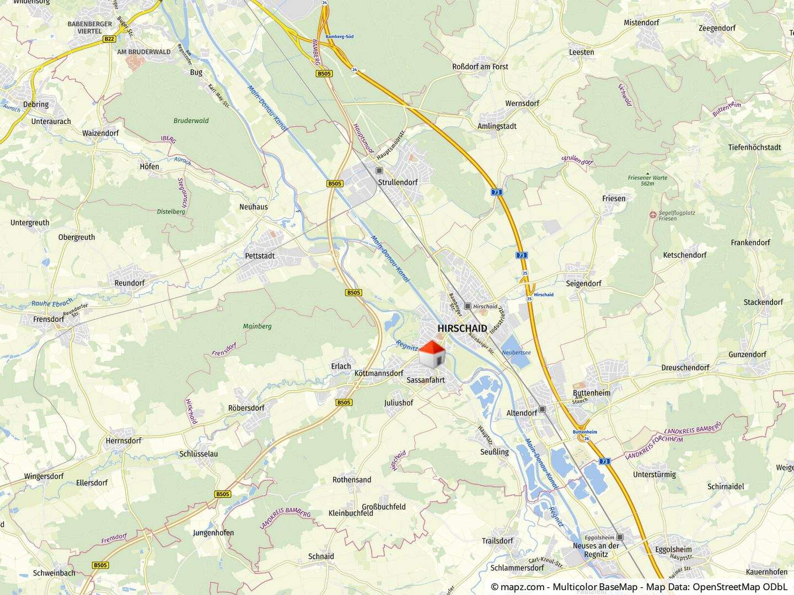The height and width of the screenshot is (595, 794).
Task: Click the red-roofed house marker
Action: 432,353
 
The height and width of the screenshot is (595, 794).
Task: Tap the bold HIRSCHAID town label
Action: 462,328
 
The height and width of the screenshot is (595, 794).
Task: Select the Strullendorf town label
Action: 398,182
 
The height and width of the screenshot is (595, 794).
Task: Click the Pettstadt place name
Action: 260,256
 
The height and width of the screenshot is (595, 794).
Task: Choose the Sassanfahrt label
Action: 425,380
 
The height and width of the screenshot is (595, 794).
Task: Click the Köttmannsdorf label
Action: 379,373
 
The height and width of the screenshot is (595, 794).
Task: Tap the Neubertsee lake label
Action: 516,353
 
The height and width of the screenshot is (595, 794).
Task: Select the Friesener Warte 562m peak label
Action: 647,180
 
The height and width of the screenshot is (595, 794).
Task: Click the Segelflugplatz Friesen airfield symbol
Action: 653,214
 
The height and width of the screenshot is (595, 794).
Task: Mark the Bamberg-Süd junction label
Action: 340,36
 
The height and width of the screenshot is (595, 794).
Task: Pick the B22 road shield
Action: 109,39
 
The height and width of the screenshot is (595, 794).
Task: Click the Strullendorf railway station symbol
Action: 379,171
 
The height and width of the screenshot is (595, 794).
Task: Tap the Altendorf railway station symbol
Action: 543,409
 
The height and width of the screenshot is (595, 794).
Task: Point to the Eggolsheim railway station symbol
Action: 620,537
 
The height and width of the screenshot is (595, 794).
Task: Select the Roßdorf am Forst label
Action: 480,67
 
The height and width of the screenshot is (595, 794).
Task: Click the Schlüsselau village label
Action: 198,454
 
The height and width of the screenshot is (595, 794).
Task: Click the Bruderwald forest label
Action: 191,121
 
